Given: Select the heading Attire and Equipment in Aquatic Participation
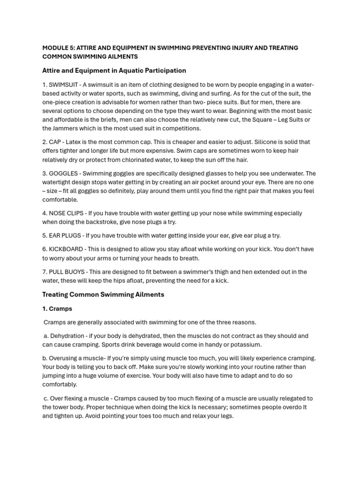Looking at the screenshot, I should coord(114,71).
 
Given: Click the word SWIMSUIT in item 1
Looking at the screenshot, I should coord(63,85).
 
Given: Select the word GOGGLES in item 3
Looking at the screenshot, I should coord(65,173).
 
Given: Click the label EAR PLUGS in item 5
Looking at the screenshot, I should coord(65,235).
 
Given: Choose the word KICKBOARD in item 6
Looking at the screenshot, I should coord(66,249).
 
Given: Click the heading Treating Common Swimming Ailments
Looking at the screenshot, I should coord(103,295).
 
